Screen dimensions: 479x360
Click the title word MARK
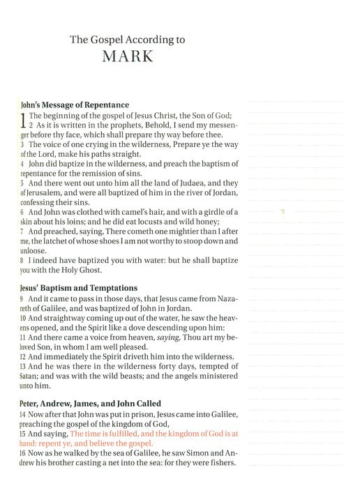pyautogui.click(x=127, y=57)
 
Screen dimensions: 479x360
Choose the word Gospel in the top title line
pyautogui.click(x=104, y=40)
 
